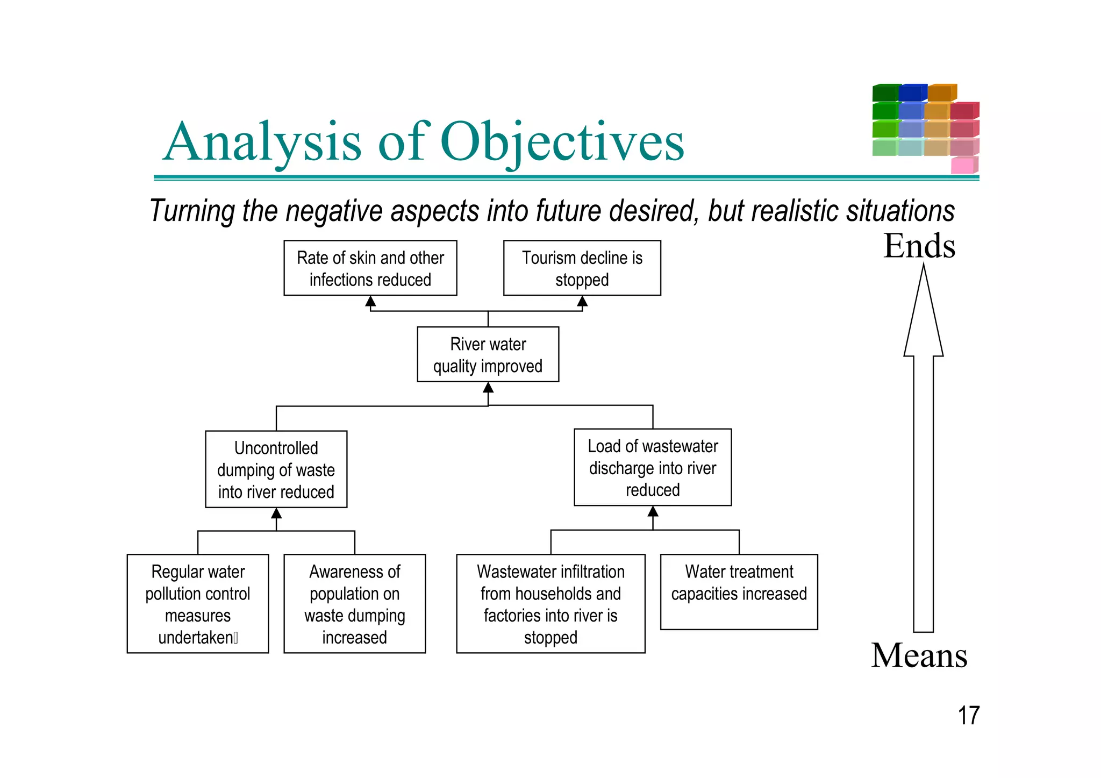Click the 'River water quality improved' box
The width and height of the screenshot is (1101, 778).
(x=488, y=354)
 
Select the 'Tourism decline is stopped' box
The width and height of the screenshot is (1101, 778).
(x=582, y=268)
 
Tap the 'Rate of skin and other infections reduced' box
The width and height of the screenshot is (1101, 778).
(x=370, y=268)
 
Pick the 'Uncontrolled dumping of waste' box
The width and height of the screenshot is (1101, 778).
(x=276, y=469)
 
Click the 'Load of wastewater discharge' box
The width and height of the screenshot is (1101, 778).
(x=652, y=467)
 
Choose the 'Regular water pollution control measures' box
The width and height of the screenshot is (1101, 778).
(x=197, y=603)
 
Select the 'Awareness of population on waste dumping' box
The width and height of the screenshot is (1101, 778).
(x=354, y=603)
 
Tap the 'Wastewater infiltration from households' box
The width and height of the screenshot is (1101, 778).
(x=550, y=603)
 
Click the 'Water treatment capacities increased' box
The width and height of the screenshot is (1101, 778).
(x=739, y=591)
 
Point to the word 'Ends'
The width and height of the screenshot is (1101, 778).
(x=919, y=246)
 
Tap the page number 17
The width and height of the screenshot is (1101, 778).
(x=968, y=716)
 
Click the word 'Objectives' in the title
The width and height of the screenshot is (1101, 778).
(x=562, y=141)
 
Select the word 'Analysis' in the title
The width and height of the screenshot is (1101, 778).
(x=262, y=141)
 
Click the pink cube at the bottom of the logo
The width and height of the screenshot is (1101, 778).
(x=963, y=165)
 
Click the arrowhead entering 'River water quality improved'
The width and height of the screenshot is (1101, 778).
(x=488, y=388)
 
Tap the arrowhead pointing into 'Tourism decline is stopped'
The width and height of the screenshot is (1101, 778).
(x=582, y=301)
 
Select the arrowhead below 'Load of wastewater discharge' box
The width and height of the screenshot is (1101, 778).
(x=653, y=511)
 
